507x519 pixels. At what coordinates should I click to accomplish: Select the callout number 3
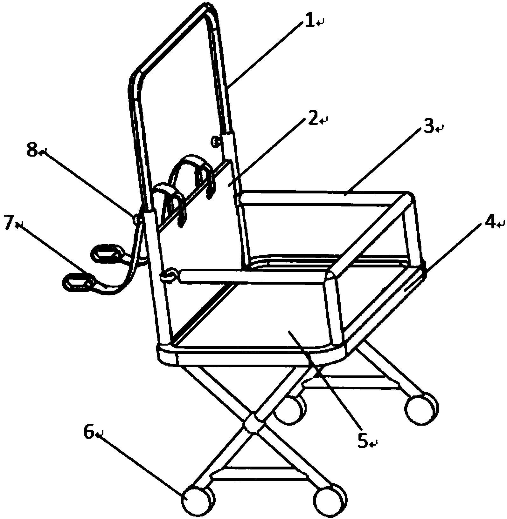pyautogui.click(x=429, y=127)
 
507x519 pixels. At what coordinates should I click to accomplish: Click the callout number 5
pyautogui.click(x=363, y=441)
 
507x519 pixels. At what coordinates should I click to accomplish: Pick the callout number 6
pyautogui.click(x=89, y=433)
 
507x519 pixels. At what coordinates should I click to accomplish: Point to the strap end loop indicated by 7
pyautogui.click(x=77, y=281)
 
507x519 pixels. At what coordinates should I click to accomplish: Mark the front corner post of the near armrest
pyautogui.click(x=333, y=305)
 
